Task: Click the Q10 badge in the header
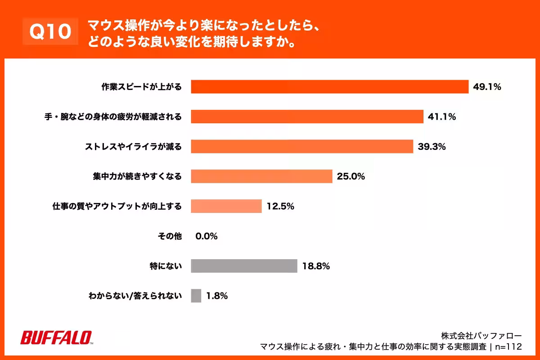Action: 50,32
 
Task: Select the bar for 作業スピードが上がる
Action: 329,87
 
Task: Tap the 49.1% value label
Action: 487,87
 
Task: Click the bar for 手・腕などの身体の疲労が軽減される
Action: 307,117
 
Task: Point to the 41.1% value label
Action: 442,117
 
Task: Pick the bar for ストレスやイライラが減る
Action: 302,146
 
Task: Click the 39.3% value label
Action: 432,146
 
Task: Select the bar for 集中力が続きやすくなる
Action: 261,176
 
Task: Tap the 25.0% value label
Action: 351,176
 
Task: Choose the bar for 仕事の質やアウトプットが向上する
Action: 226,206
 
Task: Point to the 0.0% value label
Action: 207,236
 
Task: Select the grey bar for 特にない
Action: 244,266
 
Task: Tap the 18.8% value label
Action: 316,266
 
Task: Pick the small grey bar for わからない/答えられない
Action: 196,296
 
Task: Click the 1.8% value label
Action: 217,296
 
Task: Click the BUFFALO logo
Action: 57,338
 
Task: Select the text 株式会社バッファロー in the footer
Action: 481,336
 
